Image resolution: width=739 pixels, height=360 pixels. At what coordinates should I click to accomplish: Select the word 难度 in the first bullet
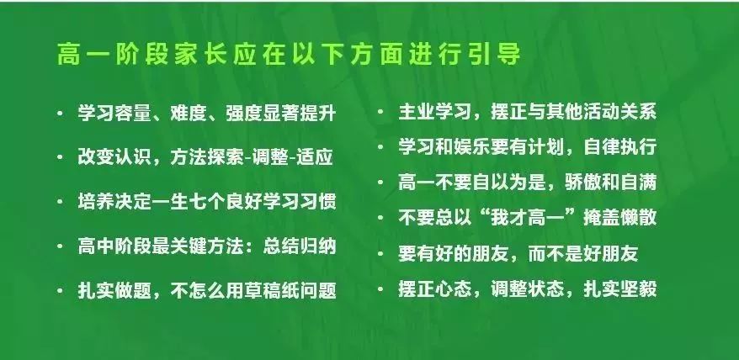189,113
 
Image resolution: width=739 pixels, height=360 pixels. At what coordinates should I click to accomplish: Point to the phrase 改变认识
114,157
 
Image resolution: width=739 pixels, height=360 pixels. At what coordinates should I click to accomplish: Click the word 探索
226,157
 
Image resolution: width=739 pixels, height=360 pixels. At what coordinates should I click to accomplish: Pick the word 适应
315,157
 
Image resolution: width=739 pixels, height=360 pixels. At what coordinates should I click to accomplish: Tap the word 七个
207,201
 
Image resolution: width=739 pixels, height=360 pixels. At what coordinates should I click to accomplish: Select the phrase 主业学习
435,112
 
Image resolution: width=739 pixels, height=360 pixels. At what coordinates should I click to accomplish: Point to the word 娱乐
472,146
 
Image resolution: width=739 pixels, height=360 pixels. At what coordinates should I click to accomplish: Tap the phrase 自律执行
619,146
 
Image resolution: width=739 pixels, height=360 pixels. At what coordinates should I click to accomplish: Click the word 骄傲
582,182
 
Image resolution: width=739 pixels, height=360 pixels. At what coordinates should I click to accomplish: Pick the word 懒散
638,217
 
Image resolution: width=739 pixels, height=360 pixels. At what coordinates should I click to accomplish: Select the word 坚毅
638,289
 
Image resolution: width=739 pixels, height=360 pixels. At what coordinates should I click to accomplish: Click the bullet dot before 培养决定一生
60,201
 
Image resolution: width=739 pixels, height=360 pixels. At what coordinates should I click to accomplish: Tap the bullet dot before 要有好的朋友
380,253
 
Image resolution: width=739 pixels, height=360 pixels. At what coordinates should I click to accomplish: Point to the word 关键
189,246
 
